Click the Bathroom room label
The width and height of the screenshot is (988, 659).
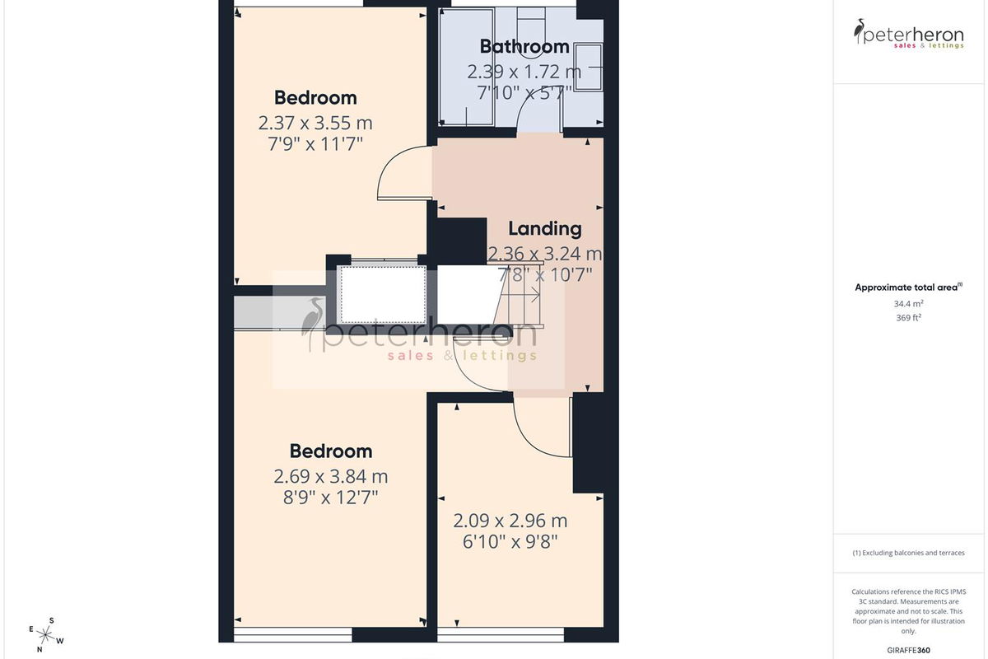point(524,47)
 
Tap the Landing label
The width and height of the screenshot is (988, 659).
point(545,229)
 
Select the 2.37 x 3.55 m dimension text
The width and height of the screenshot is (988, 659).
point(315,123)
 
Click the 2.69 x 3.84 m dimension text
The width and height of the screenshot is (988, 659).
point(331,476)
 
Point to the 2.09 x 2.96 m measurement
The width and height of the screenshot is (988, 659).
point(510,521)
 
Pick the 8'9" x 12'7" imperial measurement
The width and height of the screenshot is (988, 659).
point(331,498)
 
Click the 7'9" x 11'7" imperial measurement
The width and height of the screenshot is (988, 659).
point(315,144)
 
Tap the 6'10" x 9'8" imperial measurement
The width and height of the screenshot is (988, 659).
point(510,541)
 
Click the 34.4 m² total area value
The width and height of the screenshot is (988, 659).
point(909,304)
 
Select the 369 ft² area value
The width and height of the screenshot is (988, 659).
point(909,317)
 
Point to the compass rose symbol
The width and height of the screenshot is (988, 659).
point(46,635)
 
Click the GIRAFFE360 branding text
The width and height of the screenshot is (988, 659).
point(909,650)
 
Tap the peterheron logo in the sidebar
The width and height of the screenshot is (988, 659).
point(909,34)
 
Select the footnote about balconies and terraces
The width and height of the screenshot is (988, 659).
point(909,553)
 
